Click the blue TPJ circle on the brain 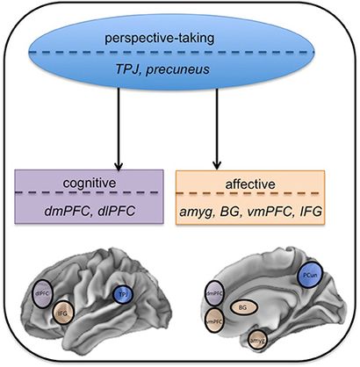coord(121,296)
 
